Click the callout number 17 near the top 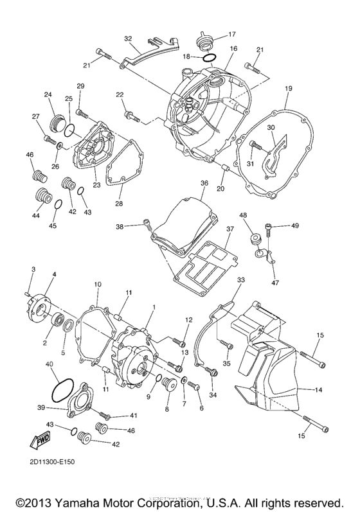tap(231, 34)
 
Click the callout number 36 tap(204, 183)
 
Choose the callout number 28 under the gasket tap(118, 204)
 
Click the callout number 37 tap(230, 228)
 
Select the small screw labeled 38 tap(145, 225)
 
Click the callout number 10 tap(98, 284)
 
